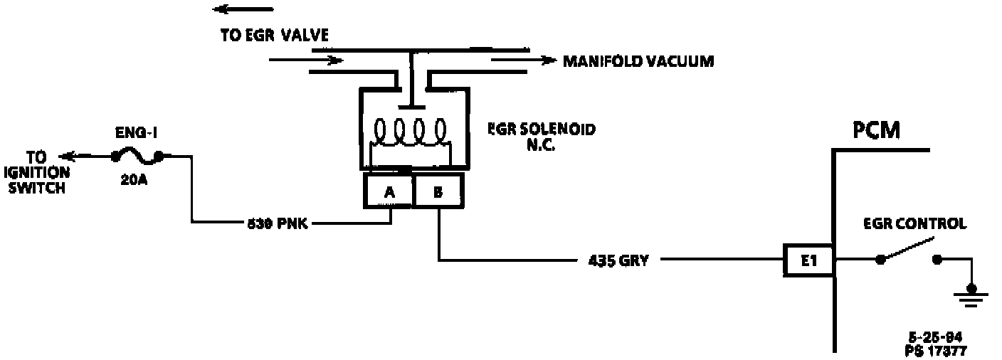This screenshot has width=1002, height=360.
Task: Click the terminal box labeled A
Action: point(388,191)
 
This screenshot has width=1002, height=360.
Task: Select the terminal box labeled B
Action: point(438,191)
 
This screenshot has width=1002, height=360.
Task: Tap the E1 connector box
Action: point(808,260)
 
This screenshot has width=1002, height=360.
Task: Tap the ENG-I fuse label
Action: point(137,134)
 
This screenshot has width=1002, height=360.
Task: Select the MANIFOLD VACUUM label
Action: point(638,61)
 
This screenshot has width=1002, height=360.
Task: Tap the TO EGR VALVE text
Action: point(273,36)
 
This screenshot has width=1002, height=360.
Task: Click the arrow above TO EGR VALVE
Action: point(243,10)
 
